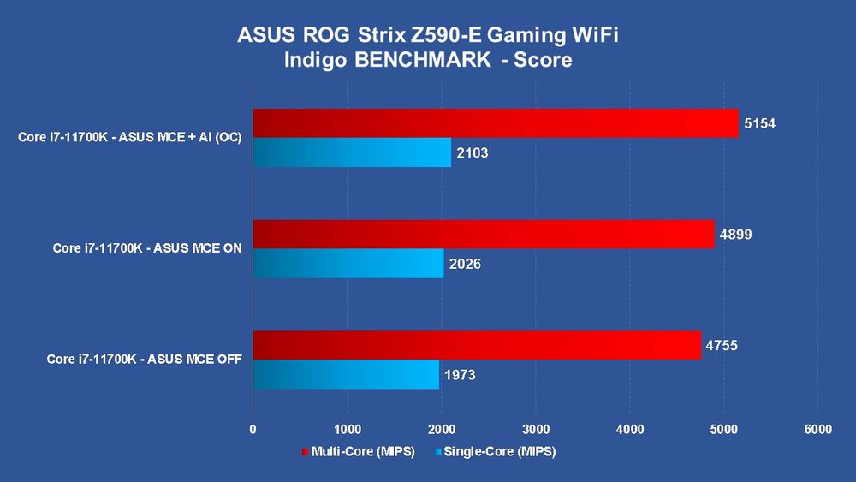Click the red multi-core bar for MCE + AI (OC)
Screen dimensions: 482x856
[495, 123]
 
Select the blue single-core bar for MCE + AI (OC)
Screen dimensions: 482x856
[352, 152]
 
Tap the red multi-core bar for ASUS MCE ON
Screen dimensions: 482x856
[483, 234]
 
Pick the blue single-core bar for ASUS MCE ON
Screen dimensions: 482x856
[348, 263]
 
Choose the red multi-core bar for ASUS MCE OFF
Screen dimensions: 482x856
[476, 345]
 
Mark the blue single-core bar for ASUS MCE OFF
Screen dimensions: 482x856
[346, 374]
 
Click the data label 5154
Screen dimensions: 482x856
[760, 123]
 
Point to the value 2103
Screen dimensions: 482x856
[473, 152]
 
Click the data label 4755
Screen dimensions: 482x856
[722, 345]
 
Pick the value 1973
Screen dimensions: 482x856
[459, 374]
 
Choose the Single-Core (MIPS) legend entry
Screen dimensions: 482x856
[495, 452]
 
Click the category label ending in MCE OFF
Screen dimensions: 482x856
[144, 360]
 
